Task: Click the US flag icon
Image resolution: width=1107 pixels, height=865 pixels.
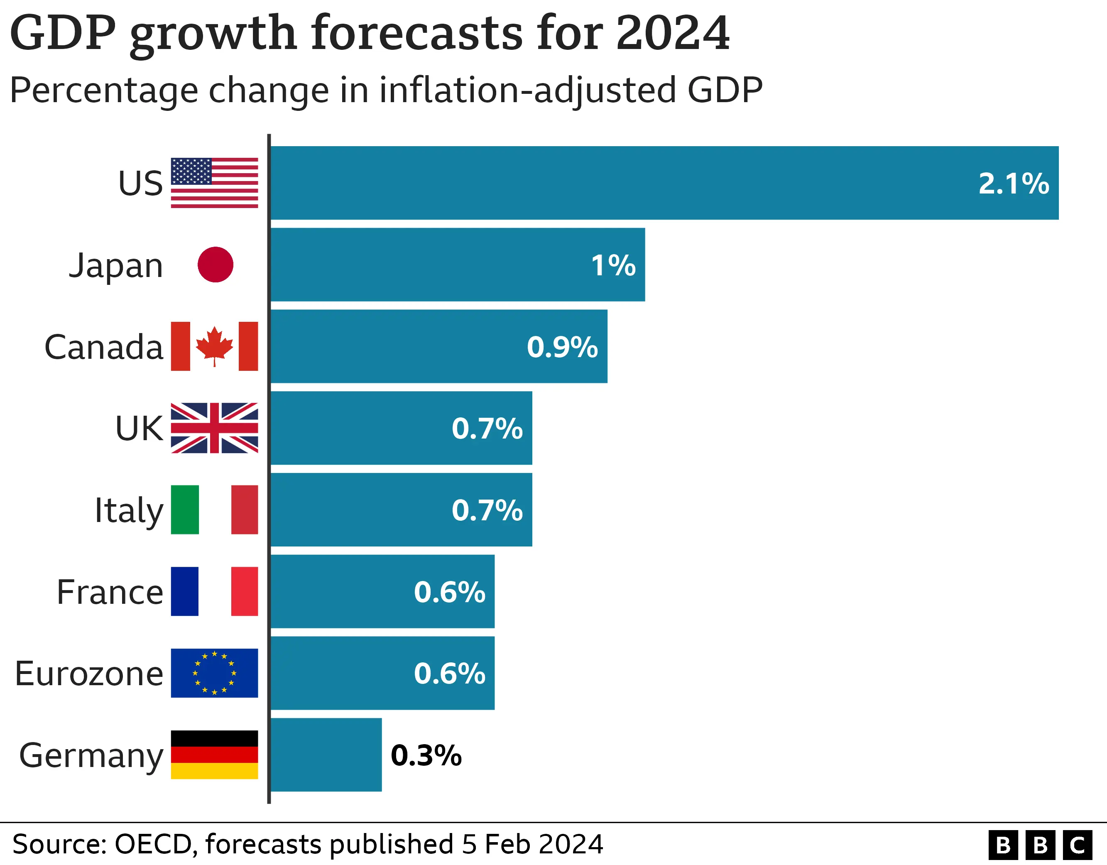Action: [x=214, y=183]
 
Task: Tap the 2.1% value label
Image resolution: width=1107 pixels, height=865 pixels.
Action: [x=1013, y=184]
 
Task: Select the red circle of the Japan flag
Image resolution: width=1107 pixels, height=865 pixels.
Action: [x=216, y=265]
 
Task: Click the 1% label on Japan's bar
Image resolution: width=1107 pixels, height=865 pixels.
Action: [x=613, y=265]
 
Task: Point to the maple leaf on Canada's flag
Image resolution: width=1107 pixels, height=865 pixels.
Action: [x=214, y=345]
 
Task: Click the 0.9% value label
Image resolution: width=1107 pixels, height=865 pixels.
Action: [x=562, y=347]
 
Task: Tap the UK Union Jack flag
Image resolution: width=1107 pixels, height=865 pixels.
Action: [x=214, y=428]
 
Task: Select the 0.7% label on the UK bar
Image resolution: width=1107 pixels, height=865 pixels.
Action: [x=487, y=429]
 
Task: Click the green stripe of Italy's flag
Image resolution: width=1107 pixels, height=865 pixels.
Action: [x=184, y=510]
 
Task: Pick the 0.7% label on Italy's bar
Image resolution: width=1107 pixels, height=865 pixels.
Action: [x=487, y=511]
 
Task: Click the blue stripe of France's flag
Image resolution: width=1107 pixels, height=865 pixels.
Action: [x=184, y=591]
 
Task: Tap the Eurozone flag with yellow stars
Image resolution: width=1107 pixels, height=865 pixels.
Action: [x=214, y=673]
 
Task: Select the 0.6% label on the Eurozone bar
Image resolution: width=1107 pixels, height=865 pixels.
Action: [x=449, y=674]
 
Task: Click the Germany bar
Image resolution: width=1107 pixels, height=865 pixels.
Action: [x=326, y=755]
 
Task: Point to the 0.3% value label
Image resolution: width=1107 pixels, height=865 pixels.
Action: [x=426, y=755]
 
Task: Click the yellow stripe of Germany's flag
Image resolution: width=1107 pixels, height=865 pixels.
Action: [x=214, y=771]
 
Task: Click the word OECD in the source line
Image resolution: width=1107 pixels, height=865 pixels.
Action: [x=153, y=844]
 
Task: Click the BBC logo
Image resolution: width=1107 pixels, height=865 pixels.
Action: [x=1040, y=845]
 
